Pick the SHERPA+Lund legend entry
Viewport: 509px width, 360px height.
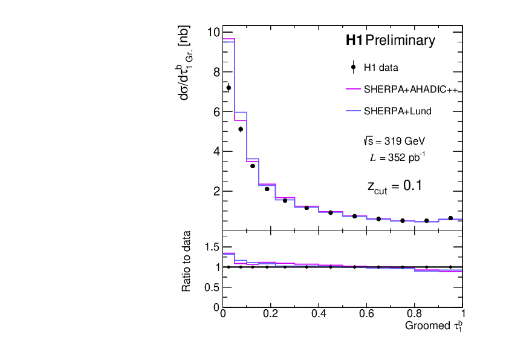click(x=397, y=111)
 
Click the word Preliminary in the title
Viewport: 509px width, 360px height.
click(x=400, y=41)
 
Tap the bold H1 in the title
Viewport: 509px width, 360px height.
click(x=354, y=41)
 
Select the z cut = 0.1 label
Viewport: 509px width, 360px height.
click(x=394, y=186)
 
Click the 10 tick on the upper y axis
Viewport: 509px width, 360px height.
click(x=213, y=32)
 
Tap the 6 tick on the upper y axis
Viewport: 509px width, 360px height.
click(x=216, y=112)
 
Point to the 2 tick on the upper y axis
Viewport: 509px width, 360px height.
click(x=216, y=191)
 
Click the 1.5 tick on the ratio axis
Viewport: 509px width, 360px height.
click(x=212, y=247)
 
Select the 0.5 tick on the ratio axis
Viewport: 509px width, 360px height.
click(x=212, y=287)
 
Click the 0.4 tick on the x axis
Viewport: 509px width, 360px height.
click(x=319, y=314)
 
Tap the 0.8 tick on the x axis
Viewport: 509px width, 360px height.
click(x=414, y=314)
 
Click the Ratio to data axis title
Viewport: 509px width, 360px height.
click(x=187, y=261)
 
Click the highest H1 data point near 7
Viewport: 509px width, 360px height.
click(x=229, y=88)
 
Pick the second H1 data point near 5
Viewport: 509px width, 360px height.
click(x=241, y=129)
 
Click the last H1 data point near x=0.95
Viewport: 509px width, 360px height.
click(x=450, y=218)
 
